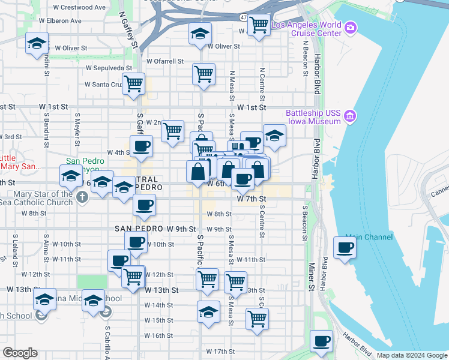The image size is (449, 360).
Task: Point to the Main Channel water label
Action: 369,238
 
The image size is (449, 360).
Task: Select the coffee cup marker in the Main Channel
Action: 345,248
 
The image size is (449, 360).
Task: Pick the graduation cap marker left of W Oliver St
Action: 37,44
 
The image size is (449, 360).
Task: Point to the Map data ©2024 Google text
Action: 412,355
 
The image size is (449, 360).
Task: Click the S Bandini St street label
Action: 46,128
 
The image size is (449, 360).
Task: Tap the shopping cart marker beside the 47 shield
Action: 259,25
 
